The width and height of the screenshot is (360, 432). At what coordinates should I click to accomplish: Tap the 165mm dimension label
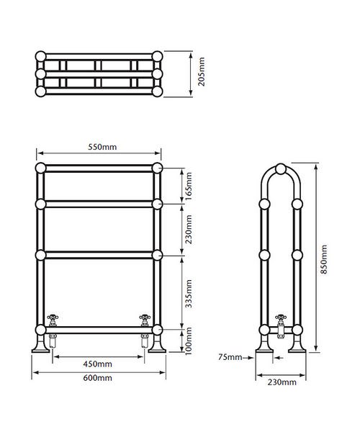click(189, 186)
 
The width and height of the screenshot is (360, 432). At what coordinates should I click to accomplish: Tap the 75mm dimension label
click(231, 356)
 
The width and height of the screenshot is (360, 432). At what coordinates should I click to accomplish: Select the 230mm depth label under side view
click(281, 382)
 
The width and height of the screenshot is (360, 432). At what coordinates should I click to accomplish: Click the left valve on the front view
click(53, 320)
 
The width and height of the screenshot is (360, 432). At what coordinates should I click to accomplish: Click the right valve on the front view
click(145, 320)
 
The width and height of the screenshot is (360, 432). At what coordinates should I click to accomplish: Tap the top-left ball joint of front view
click(40, 168)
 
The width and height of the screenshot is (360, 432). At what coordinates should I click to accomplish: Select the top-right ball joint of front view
click(158, 168)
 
